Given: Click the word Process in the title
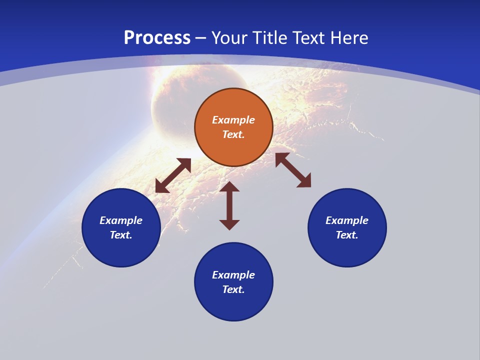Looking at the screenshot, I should pyautogui.click(x=157, y=38).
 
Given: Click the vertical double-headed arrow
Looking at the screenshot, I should pyautogui.click(x=229, y=206).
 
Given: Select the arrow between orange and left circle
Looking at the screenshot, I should pyautogui.click(x=173, y=175).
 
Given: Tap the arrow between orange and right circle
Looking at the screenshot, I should pyautogui.click(x=293, y=170).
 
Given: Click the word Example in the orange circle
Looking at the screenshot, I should pyautogui.click(x=233, y=120).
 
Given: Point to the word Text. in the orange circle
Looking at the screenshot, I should pyautogui.click(x=233, y=134).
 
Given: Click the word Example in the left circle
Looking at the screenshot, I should pyautogui.click(x=121, y=220).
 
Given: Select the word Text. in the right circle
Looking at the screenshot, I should pyautogui.click(x=347, y=235).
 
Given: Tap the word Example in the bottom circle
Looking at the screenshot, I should pyautogui.click(x=233, y=275).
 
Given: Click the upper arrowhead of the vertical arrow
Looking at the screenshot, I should pyautogui.click(x=229, y=187).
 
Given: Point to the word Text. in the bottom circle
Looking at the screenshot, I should pyautogui.click(x=233, y=289).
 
